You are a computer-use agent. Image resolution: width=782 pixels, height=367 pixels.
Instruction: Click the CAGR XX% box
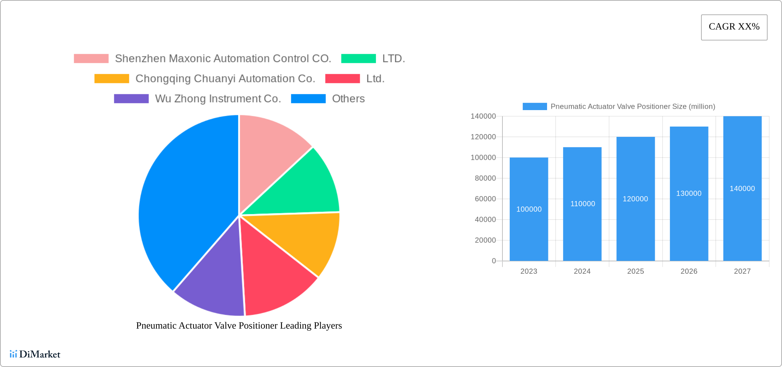click(734, 27)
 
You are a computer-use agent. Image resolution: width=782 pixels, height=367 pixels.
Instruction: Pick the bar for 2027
click(742, 223)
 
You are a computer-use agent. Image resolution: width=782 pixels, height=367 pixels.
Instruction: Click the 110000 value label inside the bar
click(582, 204)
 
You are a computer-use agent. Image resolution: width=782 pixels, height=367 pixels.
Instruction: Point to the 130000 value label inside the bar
click(689, 193)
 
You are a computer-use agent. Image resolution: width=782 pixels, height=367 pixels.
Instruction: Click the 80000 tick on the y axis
click(485, 178)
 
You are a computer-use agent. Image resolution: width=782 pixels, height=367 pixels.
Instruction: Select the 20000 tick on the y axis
click(485, 240)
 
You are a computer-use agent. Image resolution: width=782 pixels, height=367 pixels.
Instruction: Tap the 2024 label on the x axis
click(582, 271)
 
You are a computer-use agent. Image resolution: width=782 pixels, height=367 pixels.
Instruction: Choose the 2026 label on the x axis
click(689, 271)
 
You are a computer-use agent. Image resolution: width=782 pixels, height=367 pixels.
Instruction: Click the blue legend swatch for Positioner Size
click(534, 106)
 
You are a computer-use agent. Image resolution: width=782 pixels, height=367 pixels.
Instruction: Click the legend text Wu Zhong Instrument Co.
click(218, 99)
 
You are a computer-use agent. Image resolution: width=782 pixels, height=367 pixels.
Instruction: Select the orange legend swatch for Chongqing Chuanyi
click(112, 79)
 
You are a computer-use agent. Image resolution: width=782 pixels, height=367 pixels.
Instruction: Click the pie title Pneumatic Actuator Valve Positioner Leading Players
click(239, 325)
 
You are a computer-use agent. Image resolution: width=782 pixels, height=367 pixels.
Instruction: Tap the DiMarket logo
click(35, 354)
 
